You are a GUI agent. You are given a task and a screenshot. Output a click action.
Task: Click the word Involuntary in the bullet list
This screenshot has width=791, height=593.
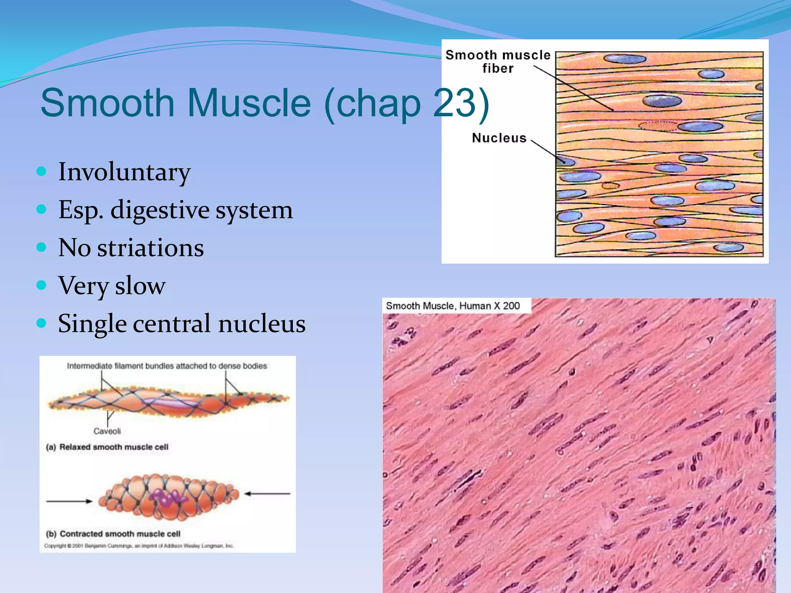(x=124, y=172)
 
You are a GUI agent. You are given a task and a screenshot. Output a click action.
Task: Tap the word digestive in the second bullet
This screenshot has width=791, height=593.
(x=160, y=210)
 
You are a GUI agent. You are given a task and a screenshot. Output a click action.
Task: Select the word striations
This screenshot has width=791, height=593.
(x=150, y=248)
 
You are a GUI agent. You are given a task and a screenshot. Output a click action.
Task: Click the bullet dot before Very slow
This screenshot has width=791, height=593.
(x=41, y=285)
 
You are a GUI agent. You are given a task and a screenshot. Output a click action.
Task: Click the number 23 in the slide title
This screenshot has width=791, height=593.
(x=454, y=103)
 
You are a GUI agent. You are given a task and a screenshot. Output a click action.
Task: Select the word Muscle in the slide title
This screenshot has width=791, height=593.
(x=249, y=103)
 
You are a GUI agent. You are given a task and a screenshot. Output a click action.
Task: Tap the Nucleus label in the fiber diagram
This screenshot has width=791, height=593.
(x=499, y=138)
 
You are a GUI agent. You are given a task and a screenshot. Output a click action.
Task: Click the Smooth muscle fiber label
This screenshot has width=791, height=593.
(x=498, y=61)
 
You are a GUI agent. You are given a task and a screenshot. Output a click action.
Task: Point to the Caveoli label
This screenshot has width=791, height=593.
(x=107, y=431)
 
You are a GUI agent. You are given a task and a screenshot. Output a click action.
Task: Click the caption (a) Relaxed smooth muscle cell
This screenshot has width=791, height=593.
(x=107, y=447)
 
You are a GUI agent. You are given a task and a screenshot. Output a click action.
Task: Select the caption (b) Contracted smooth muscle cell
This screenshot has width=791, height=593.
(x=113, y=534)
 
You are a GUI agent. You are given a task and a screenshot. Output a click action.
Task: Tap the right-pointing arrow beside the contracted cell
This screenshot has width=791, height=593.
(x=70, y=501)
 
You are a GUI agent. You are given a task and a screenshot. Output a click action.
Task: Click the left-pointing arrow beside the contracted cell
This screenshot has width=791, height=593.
(x=267, y=493)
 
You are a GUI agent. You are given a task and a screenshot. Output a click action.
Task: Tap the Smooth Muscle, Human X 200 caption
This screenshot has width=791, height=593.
(x=453, y=306)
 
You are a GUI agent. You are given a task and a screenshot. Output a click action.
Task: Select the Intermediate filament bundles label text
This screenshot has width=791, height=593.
(x=167, y=366)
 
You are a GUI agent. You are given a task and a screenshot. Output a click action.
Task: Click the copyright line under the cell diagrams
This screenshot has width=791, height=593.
(x=139, y=546)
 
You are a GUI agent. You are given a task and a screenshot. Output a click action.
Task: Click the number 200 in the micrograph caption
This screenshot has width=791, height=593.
(x=511, y=306)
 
